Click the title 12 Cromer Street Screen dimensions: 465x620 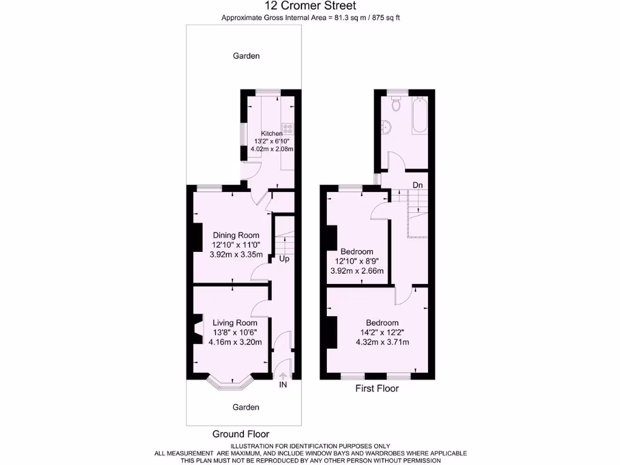click(309, 7)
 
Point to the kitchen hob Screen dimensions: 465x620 click(287, 128)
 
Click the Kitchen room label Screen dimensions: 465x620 click(272, 133)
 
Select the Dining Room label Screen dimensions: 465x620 click(236, 236)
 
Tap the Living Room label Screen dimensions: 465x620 click(234, 323)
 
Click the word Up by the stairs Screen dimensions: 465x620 click(284, 259)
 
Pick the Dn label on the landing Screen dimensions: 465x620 click(418, 184)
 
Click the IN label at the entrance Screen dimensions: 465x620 click(283, 384)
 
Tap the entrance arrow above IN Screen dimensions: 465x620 click(283, 375)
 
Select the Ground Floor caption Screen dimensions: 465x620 click(240, 434)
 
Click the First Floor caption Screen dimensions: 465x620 click(377, 389)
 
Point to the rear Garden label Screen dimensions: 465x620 click(246, 56)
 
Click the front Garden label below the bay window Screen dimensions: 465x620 click(246, 407)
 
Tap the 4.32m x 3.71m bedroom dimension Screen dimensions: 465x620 click(382, 342)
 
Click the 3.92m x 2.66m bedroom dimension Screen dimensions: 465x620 click(357, 271)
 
